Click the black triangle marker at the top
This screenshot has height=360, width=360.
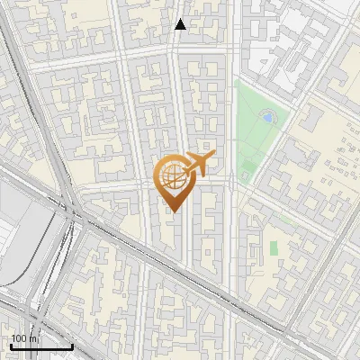(181, 24)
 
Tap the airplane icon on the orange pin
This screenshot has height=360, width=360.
(196, 164)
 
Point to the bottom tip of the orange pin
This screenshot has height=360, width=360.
(172, 211)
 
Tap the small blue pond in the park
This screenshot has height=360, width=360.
(267, 116)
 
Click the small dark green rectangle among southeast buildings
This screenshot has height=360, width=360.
(274, 247)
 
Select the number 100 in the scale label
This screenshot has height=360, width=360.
(20, 338)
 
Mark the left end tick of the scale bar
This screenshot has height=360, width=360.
(9, 346)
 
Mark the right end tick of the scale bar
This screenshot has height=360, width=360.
(72, 346)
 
